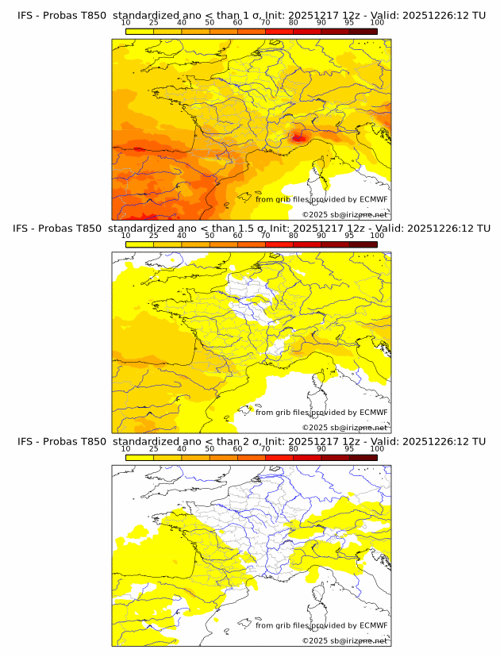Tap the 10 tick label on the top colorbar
(x=126, y=23)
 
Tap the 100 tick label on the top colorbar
(x=377, y=23)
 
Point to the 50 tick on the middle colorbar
(x=210, y=236)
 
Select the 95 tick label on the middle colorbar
(x=349, y=236)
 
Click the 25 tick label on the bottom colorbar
(x=154, y=448)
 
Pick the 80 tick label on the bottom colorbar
(x=294, y=448)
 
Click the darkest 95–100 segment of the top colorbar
(x=363, y=31)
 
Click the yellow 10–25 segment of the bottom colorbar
(x=140, y=456)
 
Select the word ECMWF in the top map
(x=373, y=199)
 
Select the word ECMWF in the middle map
(x=373, y=412)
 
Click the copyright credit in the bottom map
(x=344, y=640)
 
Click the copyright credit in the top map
(x=344, y=214)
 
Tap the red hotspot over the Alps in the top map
(x=298, y=137)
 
